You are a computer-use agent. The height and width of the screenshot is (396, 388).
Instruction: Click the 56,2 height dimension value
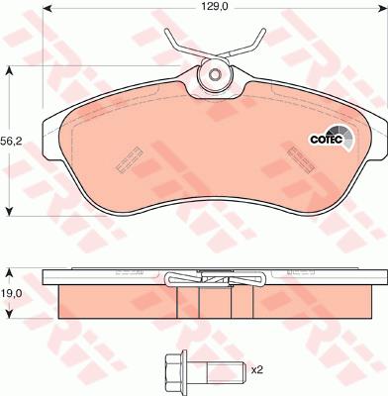point(11,143)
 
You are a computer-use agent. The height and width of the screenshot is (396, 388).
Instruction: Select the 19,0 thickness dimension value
point(11,293)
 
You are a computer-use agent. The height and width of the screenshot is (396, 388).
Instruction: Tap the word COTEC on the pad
point(326,140)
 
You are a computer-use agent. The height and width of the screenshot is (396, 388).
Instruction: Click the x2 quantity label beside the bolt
point(257,370)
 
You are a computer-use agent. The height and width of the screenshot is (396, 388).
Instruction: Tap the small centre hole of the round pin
point(215,74)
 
